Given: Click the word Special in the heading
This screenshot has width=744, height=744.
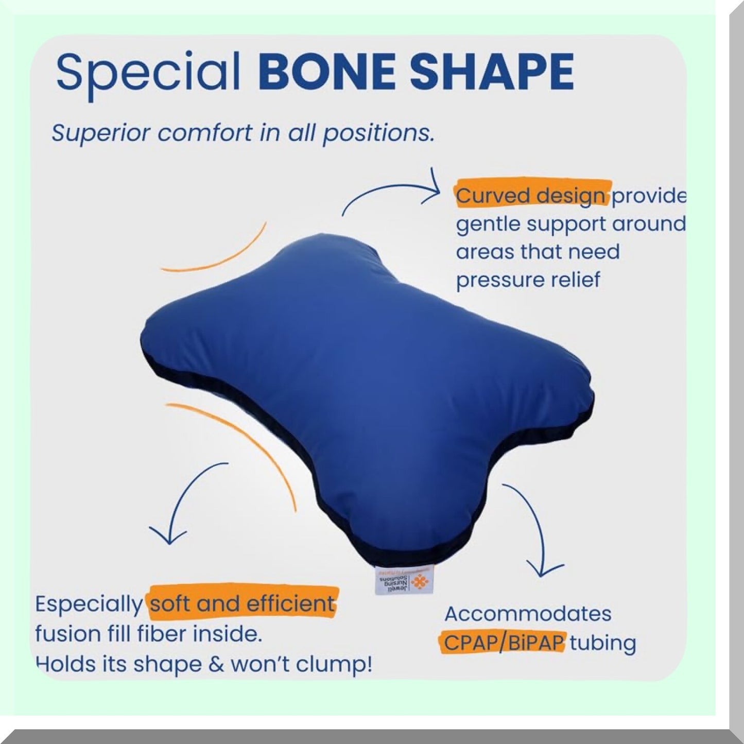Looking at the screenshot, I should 148,72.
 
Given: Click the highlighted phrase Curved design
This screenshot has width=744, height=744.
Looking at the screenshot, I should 530,196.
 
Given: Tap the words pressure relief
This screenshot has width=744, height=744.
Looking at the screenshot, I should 528,280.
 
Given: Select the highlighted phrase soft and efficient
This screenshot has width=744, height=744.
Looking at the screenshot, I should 242,603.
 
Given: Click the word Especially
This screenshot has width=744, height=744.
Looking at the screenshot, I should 89,604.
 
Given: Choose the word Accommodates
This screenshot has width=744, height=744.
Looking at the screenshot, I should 528,614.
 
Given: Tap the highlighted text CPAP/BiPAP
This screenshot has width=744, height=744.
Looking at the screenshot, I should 504,643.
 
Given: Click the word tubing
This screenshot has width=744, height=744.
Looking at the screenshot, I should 603,644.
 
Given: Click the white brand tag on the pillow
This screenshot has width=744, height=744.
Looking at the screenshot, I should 404,581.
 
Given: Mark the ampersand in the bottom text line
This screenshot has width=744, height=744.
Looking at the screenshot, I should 216,664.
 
